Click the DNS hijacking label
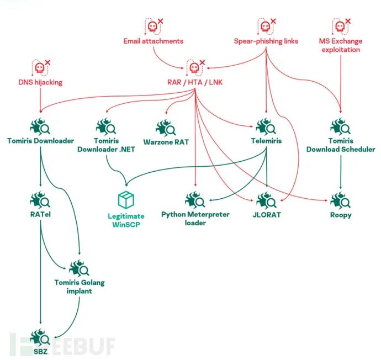40,83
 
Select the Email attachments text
153,41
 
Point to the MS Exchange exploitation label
340,45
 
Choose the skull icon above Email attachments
151,25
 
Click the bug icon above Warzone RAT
165,128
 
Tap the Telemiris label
267,141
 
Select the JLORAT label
268,214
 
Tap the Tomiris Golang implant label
80,287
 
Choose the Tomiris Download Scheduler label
341,145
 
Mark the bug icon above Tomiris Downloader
41,127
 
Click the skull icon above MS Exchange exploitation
338,25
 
